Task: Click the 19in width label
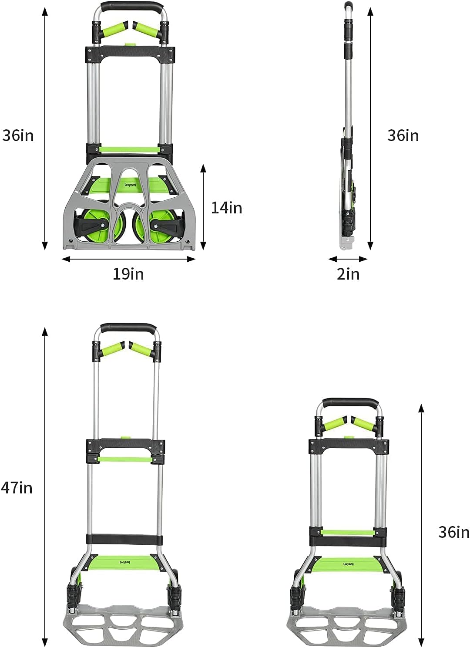coord(128,273)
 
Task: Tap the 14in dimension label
coord(226,208)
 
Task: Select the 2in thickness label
coord(348,273)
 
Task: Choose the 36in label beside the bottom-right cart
coord(454,532)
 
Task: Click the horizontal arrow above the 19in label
coord(129,259)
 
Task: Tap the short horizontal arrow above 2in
coord(348,259)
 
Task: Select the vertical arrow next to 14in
coord(204,207)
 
